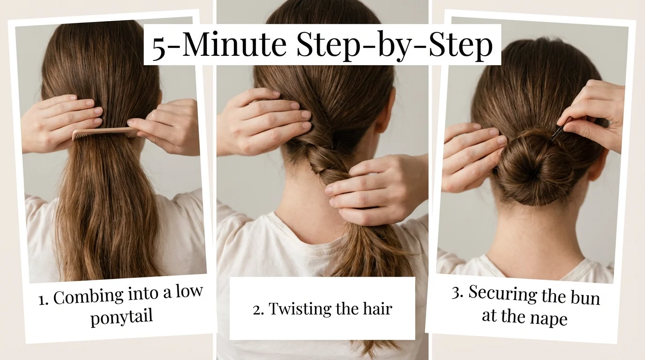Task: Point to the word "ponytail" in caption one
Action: point(121,317)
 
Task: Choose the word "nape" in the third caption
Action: point(548,318)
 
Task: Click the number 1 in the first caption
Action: point(43,300)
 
